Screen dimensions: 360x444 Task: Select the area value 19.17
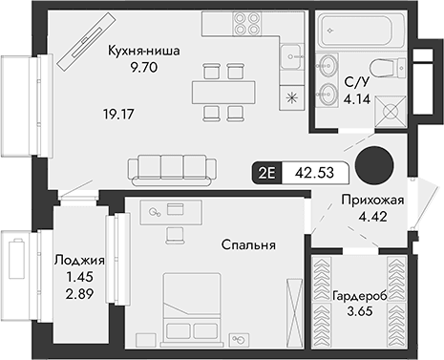(118, 113)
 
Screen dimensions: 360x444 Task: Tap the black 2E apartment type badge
(264, 173)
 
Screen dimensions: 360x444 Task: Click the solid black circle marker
(373, 165)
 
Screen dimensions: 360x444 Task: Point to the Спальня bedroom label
(251, 245)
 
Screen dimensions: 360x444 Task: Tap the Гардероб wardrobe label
(360, 297)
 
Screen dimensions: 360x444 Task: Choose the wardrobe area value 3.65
(360, 313)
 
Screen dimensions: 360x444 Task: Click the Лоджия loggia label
(74, 259)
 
